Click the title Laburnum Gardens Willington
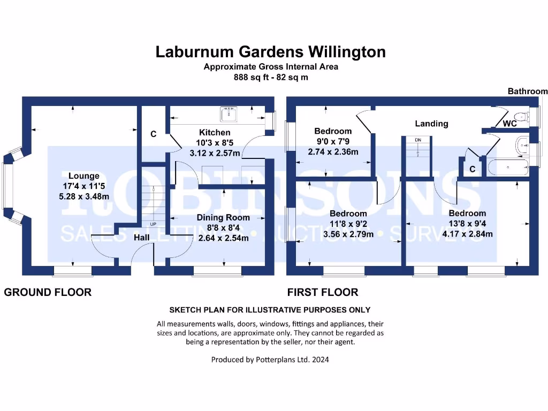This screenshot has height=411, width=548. pyautogui.click(x=270, y=52)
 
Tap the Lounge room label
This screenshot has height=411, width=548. pyautogui.click(x=84, y=176)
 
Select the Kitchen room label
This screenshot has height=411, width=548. pyautogui.click(x=215, y=133)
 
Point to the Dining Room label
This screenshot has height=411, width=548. pyautogui.click(x=223, y=218)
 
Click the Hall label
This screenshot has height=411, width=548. pyautogui.click(x=141, y=237)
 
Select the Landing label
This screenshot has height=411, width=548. pyautogui.click(x=431, y=124)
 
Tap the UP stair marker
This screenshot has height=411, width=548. pyautogui.click(x=153, y=224)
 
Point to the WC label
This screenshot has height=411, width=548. pyautogui.click(x=510, y=124)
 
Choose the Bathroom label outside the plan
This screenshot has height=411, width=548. pyautogui.click(x=528, y=92)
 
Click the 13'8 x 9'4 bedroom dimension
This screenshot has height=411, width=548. pyautogui.click(x=467, y=224)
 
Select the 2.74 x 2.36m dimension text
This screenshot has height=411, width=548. pyautogui.click(x=333, y=152)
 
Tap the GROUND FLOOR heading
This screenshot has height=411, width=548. pyautogui.click(x=48, y=292)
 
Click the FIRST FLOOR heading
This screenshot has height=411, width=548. pyautogui.click(x=323, y=292)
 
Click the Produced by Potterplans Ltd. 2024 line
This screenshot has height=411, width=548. pyautogui.click(x=270, y=360)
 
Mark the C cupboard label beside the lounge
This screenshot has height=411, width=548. pyautogui.click(x=153, y=134)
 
